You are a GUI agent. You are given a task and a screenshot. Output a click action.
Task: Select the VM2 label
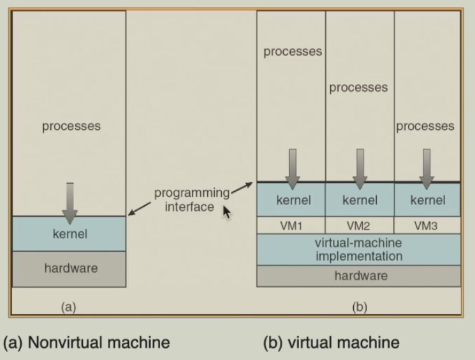click(x=360, y=226)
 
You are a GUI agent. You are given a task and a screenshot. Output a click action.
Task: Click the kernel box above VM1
click(x=291, y=200)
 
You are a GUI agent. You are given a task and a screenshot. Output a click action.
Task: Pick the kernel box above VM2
click(x=360, y=200)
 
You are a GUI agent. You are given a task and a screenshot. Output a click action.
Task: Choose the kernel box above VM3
click(x=427, y=200)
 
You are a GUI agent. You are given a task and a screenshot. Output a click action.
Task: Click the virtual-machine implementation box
click(x=358, y=250)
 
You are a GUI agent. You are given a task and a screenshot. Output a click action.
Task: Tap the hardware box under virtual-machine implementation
click(x=358, y=276)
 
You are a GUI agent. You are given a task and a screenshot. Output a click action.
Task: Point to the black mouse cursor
click(x=226, y=212)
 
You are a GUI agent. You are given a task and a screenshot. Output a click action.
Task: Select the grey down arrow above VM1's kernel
click(x=292, y=168)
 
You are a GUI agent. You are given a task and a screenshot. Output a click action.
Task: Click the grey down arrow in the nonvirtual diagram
click(x=70, y=201)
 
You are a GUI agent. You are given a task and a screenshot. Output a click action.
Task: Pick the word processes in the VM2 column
click(x=358, y=87)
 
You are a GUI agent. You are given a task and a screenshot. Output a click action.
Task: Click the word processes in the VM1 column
click(x=293, y=51)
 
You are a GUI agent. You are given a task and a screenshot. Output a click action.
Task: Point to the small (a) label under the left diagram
click(x=68, y=306)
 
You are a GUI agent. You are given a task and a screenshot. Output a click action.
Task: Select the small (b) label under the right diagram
click(x=359, y=306)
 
